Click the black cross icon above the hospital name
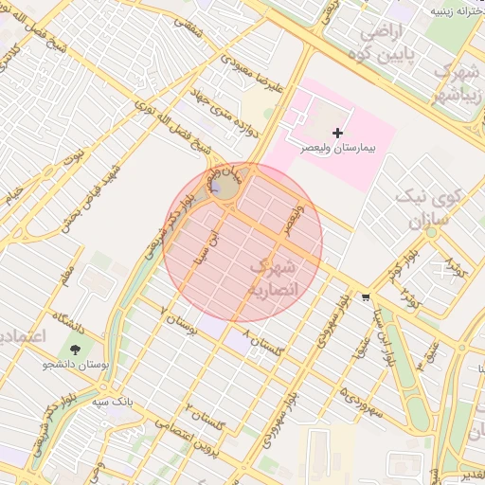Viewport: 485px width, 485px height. [x=338, y=132]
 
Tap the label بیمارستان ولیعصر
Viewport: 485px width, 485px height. [x=339, y=149]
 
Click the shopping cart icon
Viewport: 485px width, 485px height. [x=366, y=296]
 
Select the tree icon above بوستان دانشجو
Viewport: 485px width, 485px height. [x=75, y=349]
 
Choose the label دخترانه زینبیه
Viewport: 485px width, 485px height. [x=453, y=11]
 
